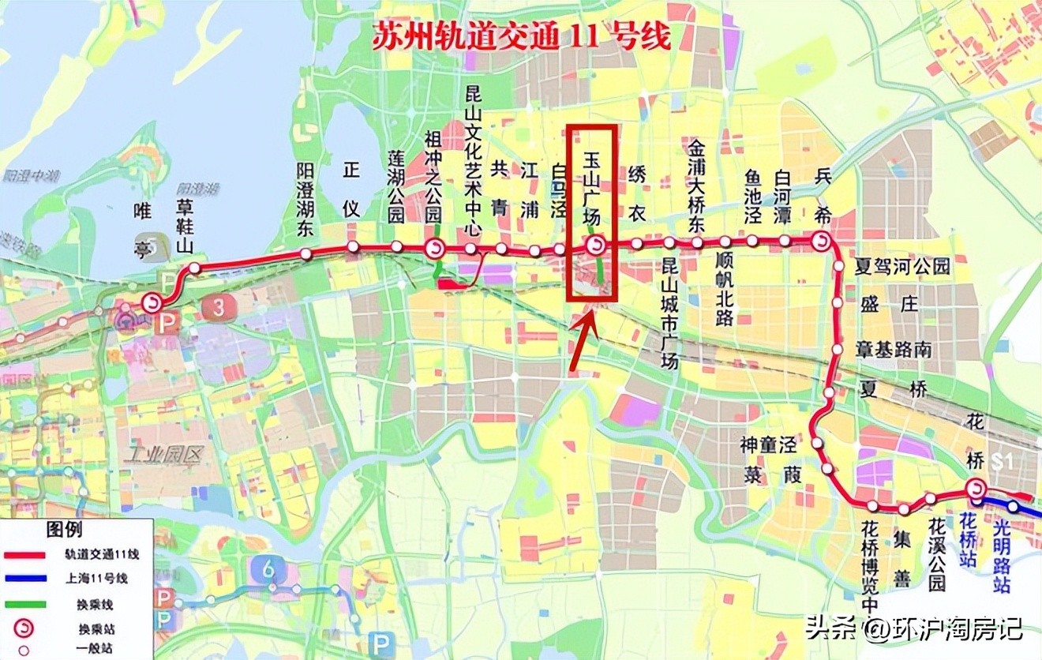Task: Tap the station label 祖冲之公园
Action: pos(433,177)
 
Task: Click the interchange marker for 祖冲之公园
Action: pos(434,249)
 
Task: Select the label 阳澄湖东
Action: pos(305,201)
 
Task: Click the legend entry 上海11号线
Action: pos(97,579)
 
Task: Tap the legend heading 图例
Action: pos(64,530)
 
